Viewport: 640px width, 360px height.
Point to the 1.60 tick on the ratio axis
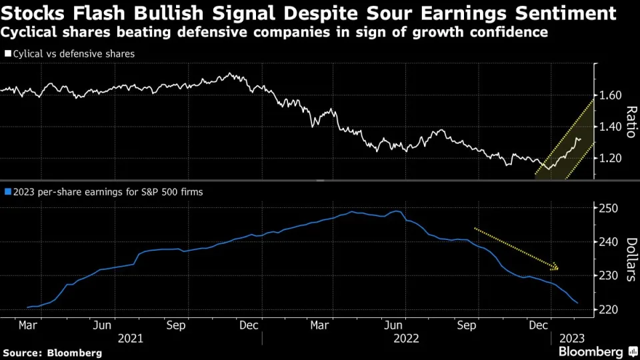pos(610,95)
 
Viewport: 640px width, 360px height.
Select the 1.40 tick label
pos(610,127)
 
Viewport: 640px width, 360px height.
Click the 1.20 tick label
pos(610,158)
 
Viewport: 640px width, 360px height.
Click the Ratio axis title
pos(631,121)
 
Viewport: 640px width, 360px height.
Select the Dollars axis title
pos(631,259)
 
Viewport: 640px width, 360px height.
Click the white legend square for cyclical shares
pos(7,53)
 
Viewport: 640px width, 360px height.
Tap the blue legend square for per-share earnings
pos(7,192)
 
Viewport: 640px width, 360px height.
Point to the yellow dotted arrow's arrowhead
pos(556,269)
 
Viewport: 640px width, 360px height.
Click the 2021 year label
pos(131,338)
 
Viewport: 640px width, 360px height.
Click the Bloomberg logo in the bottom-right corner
pos(591,351)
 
